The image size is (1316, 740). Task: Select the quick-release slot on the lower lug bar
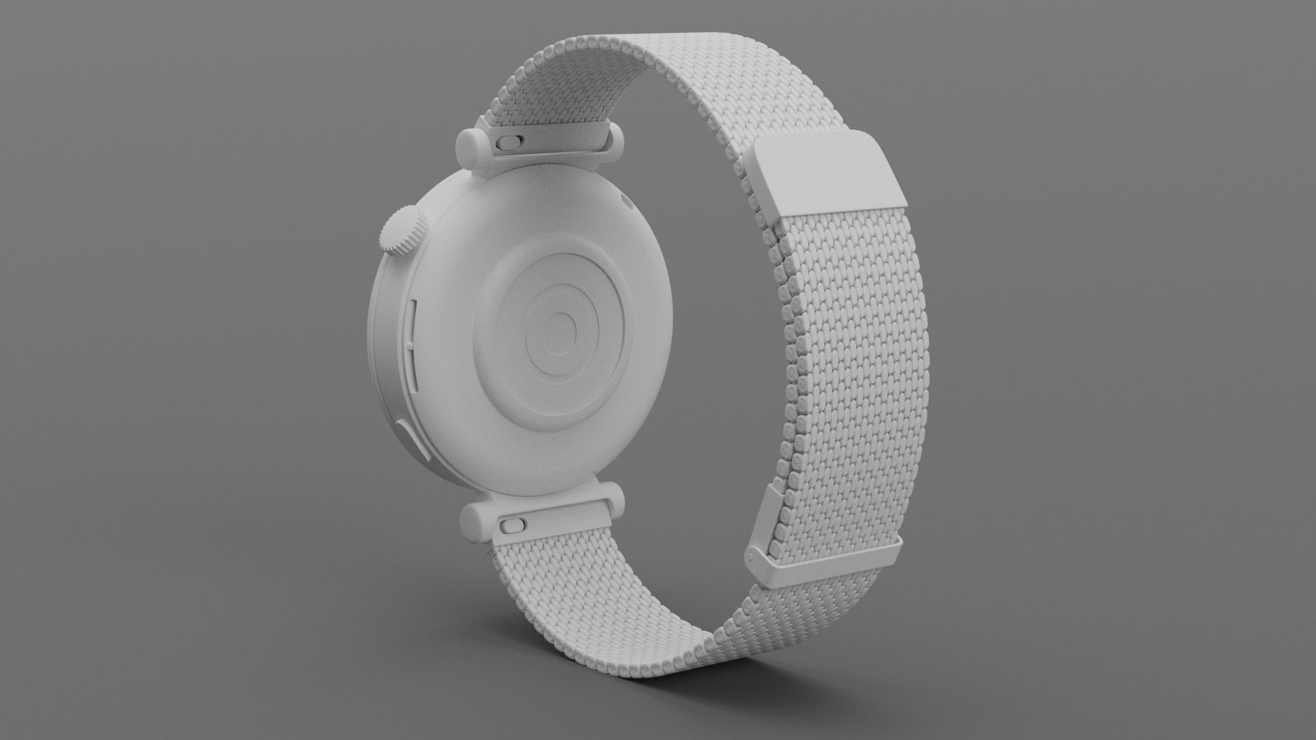pyautogui.click(x=511, y=526)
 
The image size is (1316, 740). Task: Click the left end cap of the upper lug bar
pyautogui.click(x=470, y=146)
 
